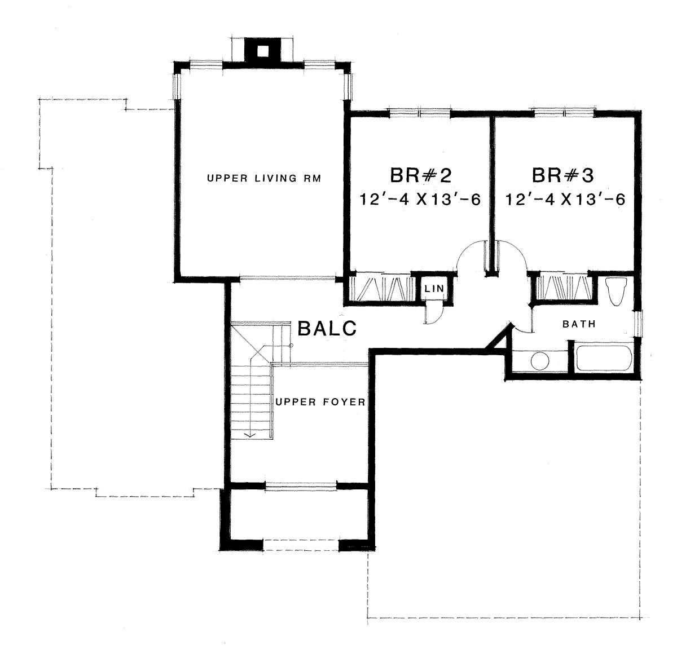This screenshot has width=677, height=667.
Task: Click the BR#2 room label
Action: tap(420, 175)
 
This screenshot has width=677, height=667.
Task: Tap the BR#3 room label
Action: tap(563, 175)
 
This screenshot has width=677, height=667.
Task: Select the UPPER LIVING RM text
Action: tap(264, 178)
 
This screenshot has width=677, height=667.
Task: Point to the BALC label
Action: tap(327, 329)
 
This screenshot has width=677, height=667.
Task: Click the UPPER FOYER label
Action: tap(320, 402)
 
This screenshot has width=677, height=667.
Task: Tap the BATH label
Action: tap(579, 324)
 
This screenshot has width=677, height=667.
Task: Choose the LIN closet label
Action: tap(434, 289)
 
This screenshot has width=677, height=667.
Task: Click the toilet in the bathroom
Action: tap(617, 291)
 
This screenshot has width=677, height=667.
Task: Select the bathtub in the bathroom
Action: tap(604, 358)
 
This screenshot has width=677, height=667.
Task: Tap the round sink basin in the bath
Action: tap(540, 361)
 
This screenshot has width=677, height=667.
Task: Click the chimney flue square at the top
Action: tap(262, 51)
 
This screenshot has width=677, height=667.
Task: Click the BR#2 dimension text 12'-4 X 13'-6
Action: tap(420, 200)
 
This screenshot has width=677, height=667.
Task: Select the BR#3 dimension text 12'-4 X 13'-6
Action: tap(565, 200)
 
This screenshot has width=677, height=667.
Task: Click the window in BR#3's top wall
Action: tap(564, 113)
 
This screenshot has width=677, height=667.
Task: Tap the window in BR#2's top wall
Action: tap(420, 113)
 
